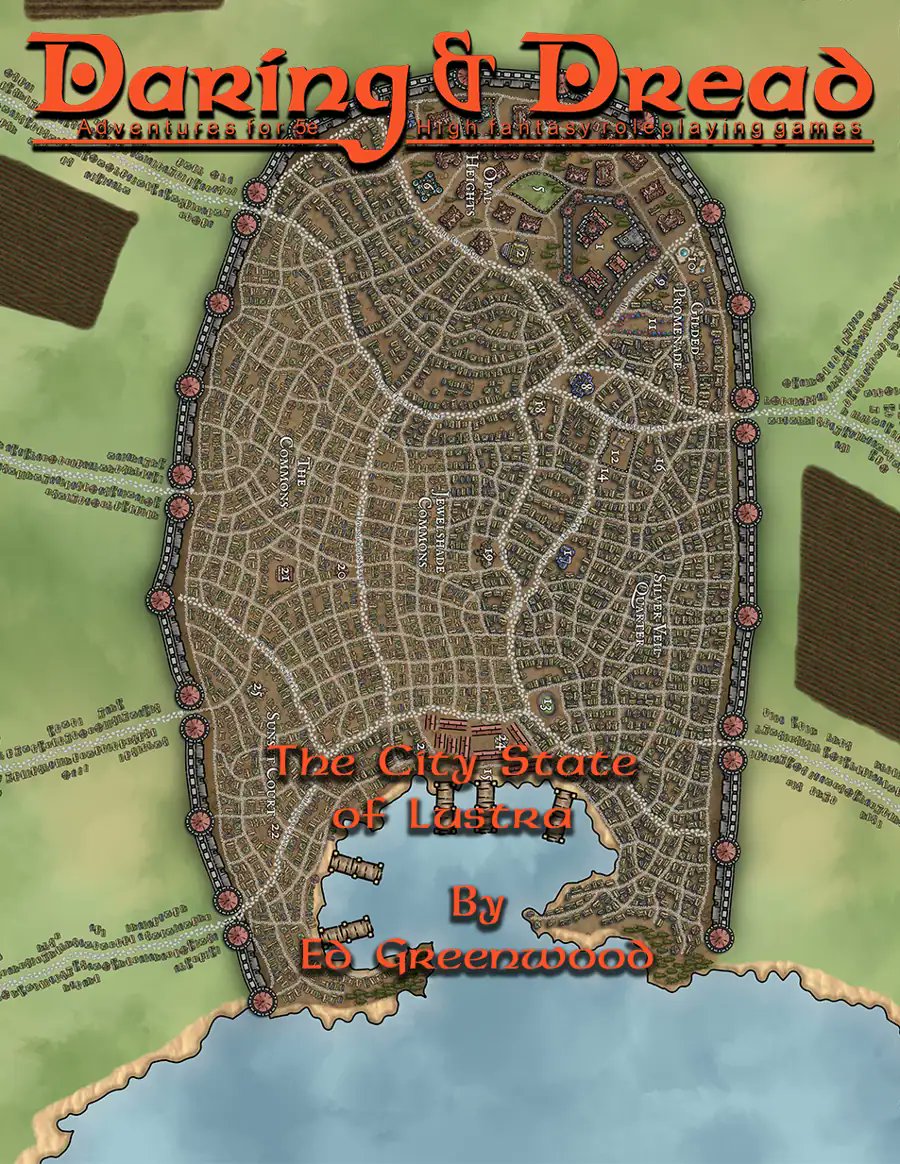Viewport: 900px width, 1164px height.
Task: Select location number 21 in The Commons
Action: (x=282, y=574)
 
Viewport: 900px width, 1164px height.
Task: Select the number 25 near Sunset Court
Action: (x=256, y=689)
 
